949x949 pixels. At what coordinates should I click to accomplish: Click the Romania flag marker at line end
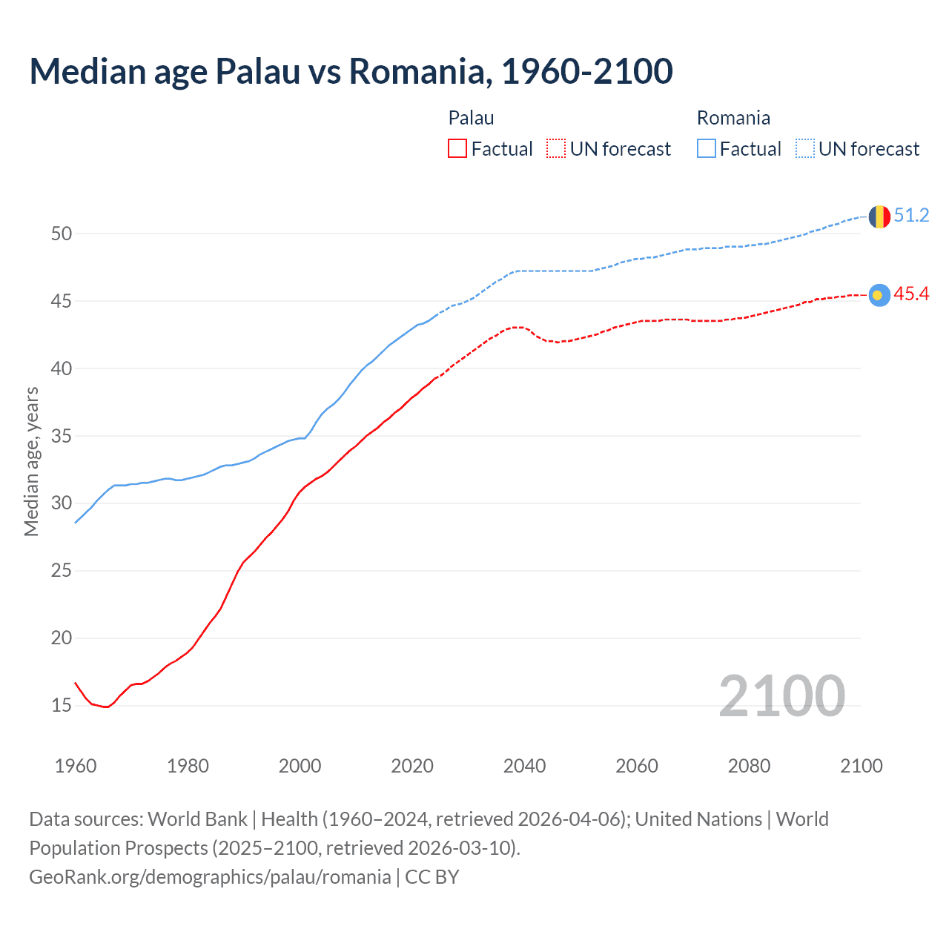click(x=879, y=216)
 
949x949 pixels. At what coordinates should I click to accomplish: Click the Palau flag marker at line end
click(x=879, y=295)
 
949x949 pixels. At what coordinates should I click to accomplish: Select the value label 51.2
click(x=911, y=216)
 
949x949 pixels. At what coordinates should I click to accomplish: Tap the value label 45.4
click(x=911, y=294)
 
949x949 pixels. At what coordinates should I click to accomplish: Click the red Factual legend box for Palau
click(x=457, y=149)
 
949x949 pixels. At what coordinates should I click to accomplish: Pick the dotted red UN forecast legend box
click(x=556, y=149)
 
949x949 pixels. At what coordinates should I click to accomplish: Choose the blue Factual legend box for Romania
click(x=707, y=149)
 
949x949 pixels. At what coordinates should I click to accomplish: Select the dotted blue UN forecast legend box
click(x=805, y=149)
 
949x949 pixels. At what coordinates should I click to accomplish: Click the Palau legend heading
click(x=471, y=118)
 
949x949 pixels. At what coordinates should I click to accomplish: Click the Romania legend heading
click(x=733, y=118)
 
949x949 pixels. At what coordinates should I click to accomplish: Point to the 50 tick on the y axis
click(x=62, y=234)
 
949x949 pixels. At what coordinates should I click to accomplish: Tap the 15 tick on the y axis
click(x=62, y=706)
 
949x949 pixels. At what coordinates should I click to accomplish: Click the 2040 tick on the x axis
click(x=524, y=766)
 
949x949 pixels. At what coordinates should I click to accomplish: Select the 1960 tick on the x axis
click(x=76, y=766)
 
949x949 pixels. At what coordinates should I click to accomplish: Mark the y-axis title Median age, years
click(x=31, y=461)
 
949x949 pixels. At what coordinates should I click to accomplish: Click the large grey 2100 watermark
click(x=781, y=695)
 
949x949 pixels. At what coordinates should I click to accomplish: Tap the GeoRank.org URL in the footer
click(x=210, y=877)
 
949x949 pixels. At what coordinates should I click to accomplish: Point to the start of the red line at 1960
click(x=76, y=683)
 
